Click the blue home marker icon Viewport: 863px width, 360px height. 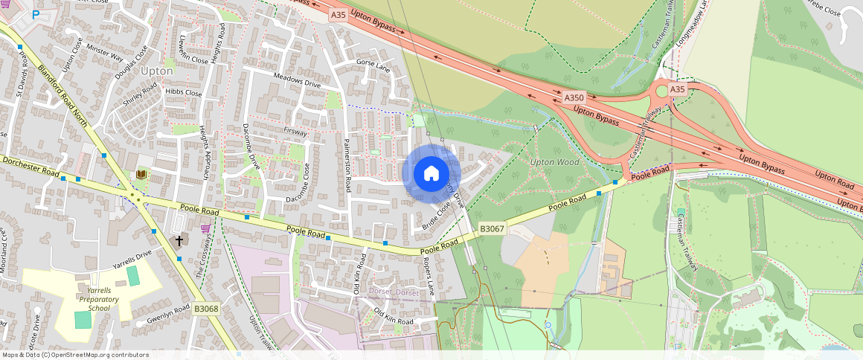tap(431, 173)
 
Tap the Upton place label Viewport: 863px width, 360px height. tap(156, 71)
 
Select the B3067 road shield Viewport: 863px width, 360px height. tap(493, 231)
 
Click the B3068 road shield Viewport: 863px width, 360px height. tap(206, 308)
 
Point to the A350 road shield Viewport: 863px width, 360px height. tap(574, 97)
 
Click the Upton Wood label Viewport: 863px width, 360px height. tap(554, 161)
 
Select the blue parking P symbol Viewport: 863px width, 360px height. tap(35, 14)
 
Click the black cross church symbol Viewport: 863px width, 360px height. tap(179, 241)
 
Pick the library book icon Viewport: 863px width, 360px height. tap(141, 175)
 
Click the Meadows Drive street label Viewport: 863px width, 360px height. tap(297, 81)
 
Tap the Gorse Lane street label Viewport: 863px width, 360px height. tap(373, 65)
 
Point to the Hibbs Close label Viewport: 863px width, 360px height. tap(184, 93)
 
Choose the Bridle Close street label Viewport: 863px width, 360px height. tap(437, 216)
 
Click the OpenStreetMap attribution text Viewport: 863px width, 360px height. tap(74, 355)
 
